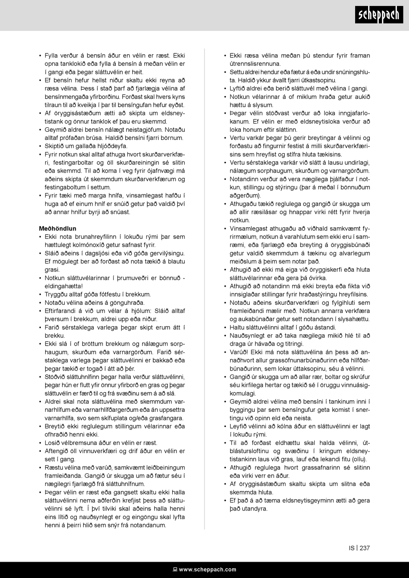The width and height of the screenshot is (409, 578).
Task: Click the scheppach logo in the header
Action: tap(379, 15)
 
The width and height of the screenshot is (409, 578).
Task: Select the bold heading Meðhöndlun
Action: tap(57, 229)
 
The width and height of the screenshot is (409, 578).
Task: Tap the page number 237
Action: tap(365, 548)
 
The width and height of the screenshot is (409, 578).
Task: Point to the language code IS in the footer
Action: tap(352, 548)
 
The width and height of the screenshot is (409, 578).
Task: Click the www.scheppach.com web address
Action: tap(208, 569)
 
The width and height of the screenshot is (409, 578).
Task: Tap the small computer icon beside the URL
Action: tap(175, 569)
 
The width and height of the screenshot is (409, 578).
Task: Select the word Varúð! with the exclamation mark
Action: tap(239, 352)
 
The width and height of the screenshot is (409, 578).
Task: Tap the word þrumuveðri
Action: tap(133, 278)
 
